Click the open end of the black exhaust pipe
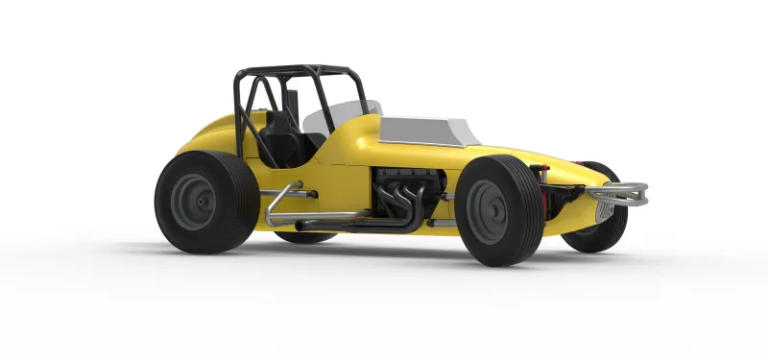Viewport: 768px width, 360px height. point(300,226)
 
